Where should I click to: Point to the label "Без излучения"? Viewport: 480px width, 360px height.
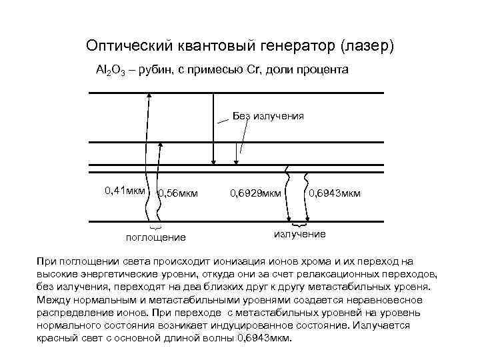pos(268,116)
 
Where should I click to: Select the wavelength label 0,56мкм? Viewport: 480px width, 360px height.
pos(177,194)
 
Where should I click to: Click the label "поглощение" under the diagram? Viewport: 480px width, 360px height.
pos(156,237)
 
